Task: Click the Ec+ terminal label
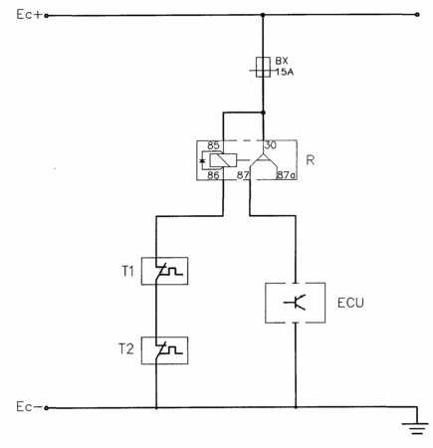click(x=30, y=15)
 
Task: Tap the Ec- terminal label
click(x=29, y=407)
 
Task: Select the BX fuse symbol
click(x=263, y=67)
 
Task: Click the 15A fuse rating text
click(x=285, y=72)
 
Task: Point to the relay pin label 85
click(x=213, y=145)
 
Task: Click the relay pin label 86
click(x=213, y=175)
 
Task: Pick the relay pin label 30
click(x=271, y=145)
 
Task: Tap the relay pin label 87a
click(x=286, y=175)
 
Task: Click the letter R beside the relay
click(x=311, y=160)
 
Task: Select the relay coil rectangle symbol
click(x=223, y=160)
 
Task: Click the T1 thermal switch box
click(x=164, y=271)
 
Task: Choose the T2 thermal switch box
click(x=164, y=350)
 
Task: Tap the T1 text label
click(x=127, y=272)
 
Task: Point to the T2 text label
click(x=126, y=349)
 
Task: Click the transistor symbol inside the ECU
click(x=295, y=302)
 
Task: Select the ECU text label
click(x=350, y=303)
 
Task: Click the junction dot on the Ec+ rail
click(x=263, y=15)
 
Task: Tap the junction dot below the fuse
click(x=263, y=112)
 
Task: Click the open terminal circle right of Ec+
click(x=417, y=15)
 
